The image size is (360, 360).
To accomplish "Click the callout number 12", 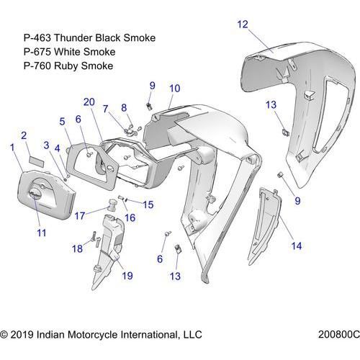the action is coord(243,24).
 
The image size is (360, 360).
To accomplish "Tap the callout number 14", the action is coord(297,246).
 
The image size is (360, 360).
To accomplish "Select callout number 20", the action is coord(89,102).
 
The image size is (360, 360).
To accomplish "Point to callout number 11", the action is coord(41,233).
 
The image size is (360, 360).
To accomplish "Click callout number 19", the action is coord(127,276).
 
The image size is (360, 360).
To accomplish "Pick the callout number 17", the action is coord(80,216).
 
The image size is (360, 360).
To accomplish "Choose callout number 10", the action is coord(175,89).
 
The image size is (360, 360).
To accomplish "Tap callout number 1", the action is coord(12,148).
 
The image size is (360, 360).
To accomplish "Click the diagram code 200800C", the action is coord(339,334).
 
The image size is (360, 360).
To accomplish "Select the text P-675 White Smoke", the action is coord(69,52).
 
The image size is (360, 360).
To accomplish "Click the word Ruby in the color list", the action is coord(66,66).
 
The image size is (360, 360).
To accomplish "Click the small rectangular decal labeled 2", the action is coord(37,161).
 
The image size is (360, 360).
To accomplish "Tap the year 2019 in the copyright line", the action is coord(22,335).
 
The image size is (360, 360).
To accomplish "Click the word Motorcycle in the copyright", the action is coord(93,335).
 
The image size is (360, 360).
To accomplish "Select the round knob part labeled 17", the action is coord(111,204).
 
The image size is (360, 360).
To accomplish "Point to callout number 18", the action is coord(77,248).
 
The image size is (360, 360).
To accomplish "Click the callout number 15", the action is coord(148,204).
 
